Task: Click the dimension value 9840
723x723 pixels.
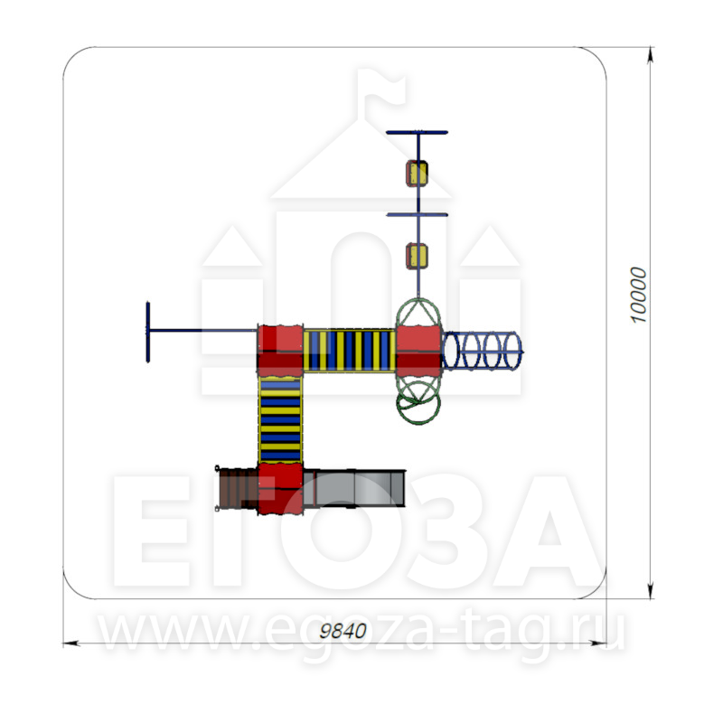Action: point(343,631)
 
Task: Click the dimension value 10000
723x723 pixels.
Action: point(639,296)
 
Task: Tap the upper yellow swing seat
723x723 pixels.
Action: point(417,174)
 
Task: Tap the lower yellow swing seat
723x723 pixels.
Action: point(417,257)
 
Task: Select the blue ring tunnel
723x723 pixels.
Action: point(482,351)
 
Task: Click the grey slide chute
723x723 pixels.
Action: point(354,488)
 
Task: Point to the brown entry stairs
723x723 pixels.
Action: point(237,489)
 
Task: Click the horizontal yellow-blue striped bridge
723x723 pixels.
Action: point(349,351)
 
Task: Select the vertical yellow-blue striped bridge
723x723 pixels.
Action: point(280,420)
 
